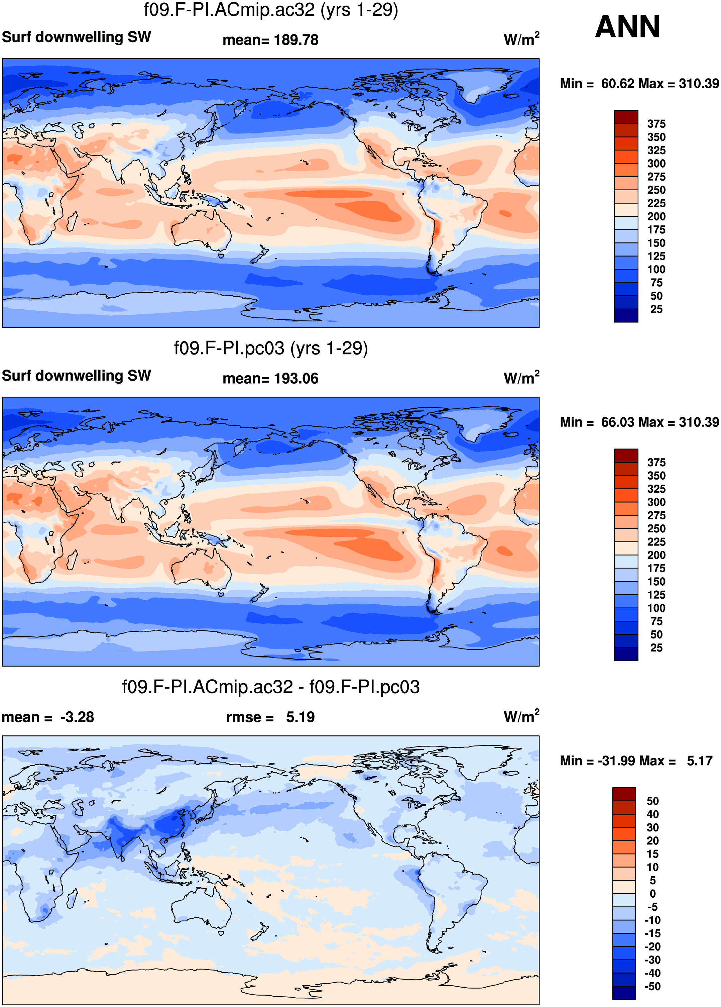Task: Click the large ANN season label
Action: click(x=627, y=27)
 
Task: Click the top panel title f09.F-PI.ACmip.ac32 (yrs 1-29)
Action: click(x=271, y=10)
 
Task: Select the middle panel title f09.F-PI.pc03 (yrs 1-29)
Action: click(x=271, y=348)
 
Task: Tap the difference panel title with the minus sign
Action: click(x=271, y=687)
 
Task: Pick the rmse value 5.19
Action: click(x=301, y=717)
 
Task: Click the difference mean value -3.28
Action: click(x=77, y=717)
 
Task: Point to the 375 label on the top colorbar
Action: click(x=656, y=124)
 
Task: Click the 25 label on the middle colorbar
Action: click(x=656, y=648)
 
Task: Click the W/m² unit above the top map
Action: click(x=521, y=39)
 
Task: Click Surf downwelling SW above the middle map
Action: click(x=76, y=376)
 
